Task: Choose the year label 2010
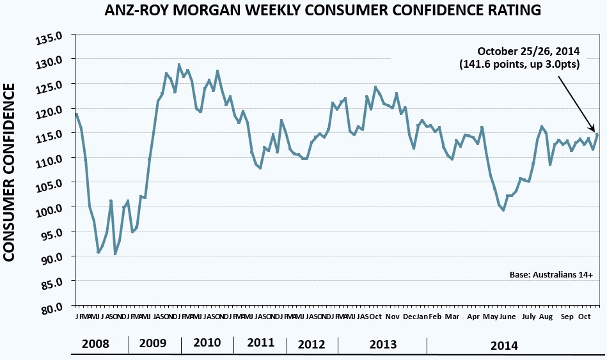tap(206, 343)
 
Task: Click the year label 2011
tap(260, 343)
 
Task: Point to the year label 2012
tap(311, 345)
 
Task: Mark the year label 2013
tap(382, 345)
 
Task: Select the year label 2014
tap(503, 346)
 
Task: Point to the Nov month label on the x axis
tap(393, 317)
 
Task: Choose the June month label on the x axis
tap(507, 317)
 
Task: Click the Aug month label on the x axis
tap(546, 317)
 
